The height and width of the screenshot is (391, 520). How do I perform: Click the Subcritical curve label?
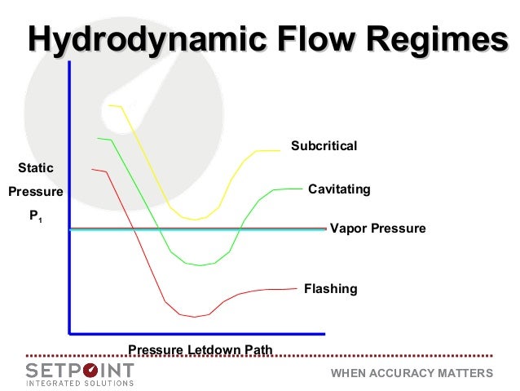324,146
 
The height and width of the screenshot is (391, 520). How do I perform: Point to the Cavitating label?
339,189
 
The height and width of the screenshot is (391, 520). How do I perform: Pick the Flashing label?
330,289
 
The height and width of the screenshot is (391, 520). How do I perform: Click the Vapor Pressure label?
377,229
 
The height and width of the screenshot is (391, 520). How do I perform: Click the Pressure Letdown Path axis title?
200,351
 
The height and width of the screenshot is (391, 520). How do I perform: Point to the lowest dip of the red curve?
195,317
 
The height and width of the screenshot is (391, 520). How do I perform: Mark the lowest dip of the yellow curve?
194,220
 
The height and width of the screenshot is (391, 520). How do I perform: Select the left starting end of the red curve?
93,169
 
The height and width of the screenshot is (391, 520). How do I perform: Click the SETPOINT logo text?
79,369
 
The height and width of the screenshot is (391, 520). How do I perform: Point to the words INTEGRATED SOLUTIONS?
79,383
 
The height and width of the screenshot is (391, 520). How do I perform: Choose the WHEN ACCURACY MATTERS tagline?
412,373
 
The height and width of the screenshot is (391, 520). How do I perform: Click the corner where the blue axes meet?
70,333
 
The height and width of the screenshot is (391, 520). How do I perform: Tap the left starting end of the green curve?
98,138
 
